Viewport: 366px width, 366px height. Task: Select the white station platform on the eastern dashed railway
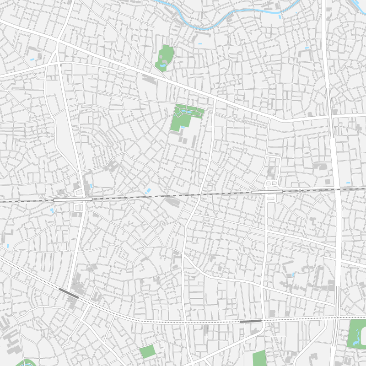point(267,192)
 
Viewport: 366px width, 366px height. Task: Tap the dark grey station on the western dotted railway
point(69,293)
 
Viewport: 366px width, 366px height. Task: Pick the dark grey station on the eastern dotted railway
point(251,321)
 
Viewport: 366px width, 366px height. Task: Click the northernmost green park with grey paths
point(165,58)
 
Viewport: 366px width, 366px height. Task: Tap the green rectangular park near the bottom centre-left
point(147,352)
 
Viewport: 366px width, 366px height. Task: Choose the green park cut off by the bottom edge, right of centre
point(259,358)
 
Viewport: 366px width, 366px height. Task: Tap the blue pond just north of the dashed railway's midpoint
point(148,191)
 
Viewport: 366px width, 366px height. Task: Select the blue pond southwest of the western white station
point(52,210)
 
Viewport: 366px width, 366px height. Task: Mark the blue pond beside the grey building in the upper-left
point(32,59)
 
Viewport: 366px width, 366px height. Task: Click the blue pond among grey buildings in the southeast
point(293,275)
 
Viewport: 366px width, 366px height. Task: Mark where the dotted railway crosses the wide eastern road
point(338,317)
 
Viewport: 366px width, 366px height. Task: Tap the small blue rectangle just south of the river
point(200,43)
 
